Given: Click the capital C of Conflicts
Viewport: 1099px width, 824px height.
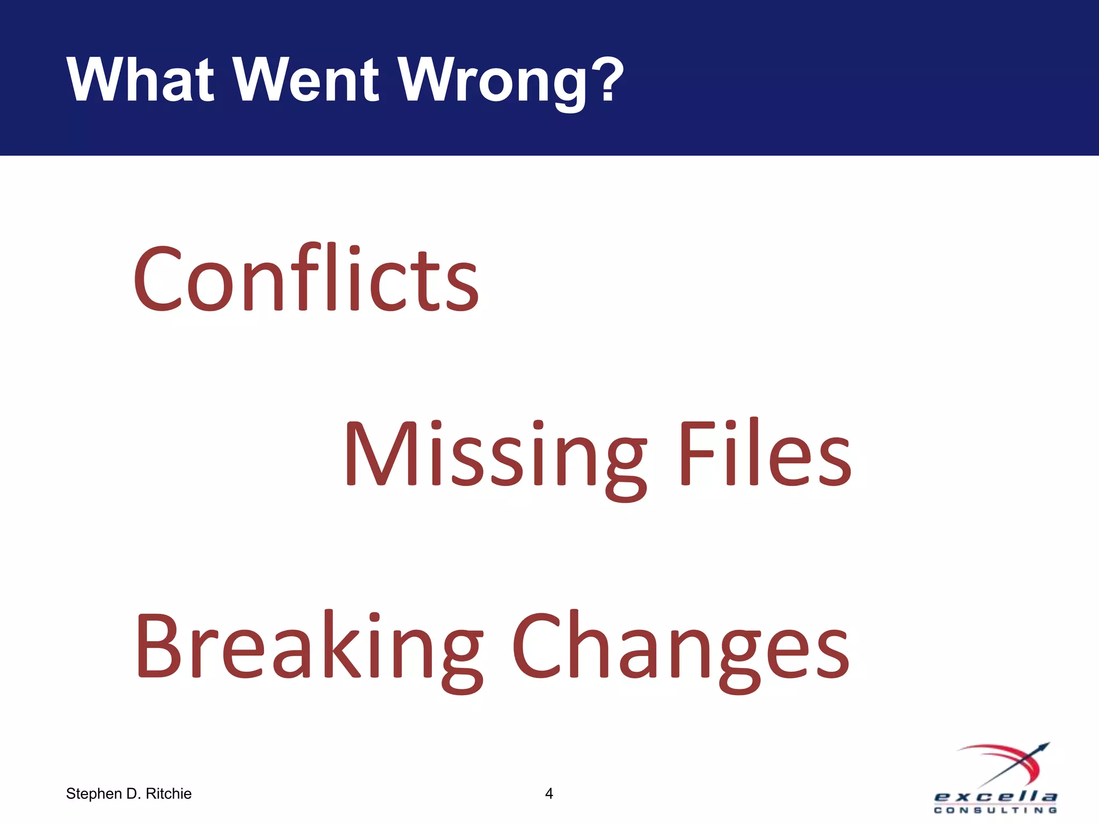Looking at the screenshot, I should [x=157, y=279].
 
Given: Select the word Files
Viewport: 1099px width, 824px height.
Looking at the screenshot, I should [x=765, y=453].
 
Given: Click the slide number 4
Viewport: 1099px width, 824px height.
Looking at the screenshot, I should [x=549, y=793].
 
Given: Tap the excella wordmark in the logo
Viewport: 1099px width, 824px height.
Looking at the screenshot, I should [x=995, y=797].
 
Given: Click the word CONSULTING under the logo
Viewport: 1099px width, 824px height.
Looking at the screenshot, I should [x=995, y=810].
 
